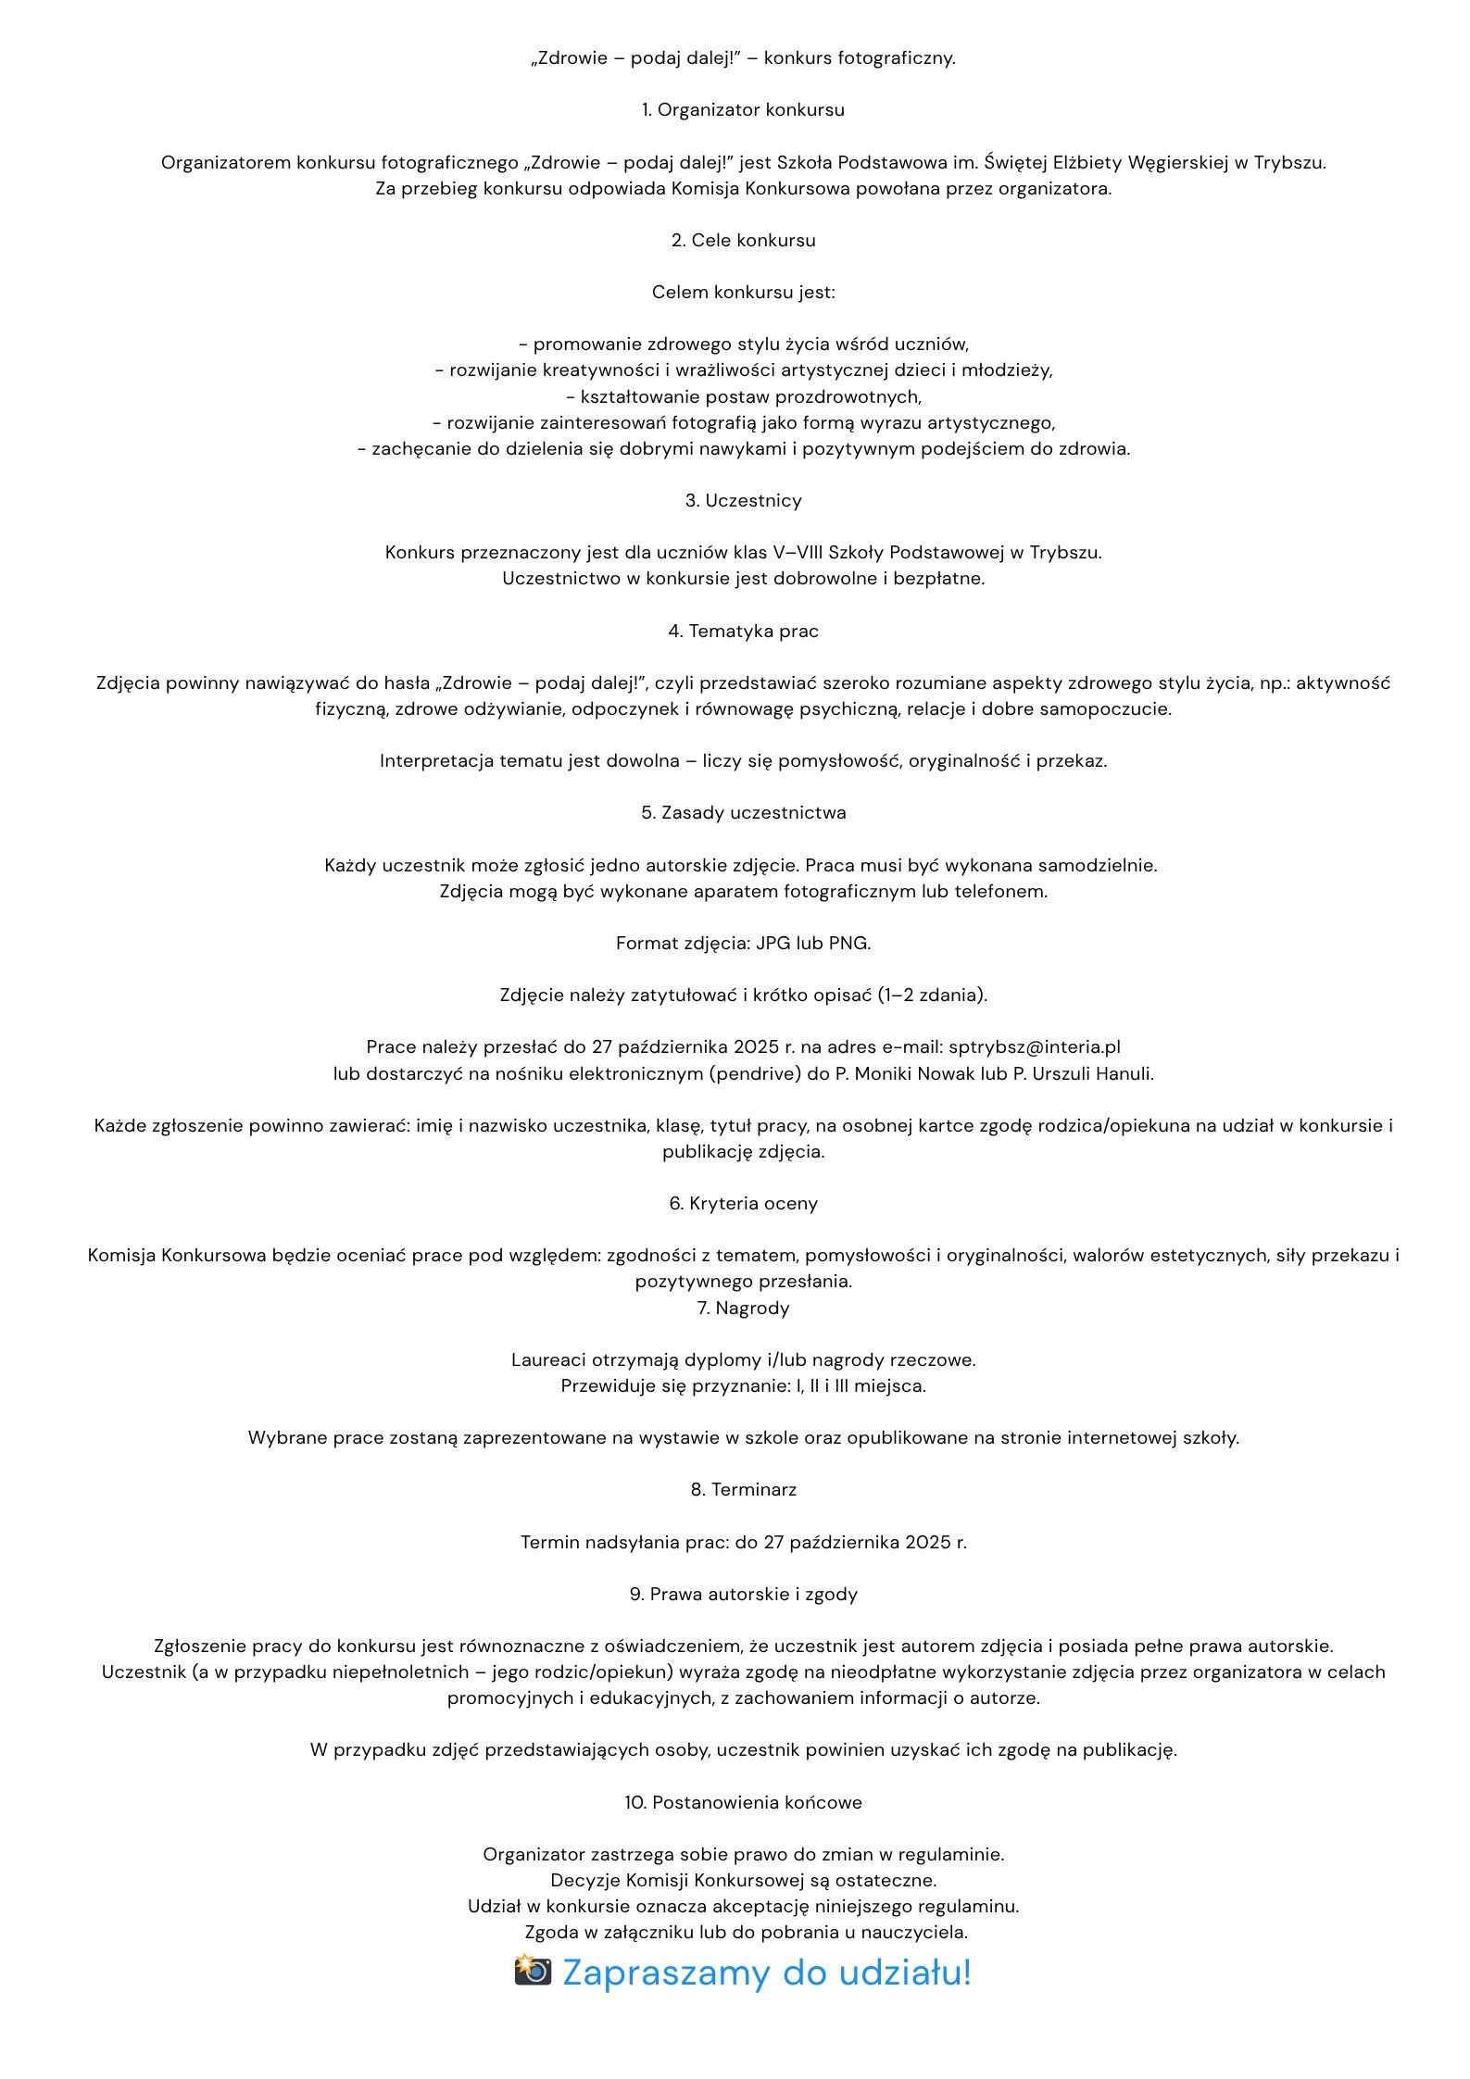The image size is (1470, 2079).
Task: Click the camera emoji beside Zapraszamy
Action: [x=533, y=1970]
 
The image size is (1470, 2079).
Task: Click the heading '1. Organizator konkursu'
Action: [x=743, y=110]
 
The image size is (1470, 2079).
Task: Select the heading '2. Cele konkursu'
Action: [x=743, y=241]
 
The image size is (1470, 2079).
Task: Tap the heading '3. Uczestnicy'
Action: [x=743, y=501]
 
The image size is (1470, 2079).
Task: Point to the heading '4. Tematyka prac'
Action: [x=743, y=632]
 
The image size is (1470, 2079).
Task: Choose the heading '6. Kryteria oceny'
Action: [x=743, y=1204]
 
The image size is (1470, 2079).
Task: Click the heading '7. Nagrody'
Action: [x=743, y=1309]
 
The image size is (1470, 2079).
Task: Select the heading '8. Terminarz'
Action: [x=743, y=1490]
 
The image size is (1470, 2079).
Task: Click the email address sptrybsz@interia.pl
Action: [x=1034, y=1047]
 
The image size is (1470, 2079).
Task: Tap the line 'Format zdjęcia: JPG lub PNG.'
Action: [x=743, y=944]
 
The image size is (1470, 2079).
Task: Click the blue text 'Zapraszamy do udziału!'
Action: [x=767, y=1972]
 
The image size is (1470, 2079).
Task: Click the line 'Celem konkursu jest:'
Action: [x=743, y=293]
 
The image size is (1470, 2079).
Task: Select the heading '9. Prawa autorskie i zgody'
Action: [x=743, y=1595]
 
